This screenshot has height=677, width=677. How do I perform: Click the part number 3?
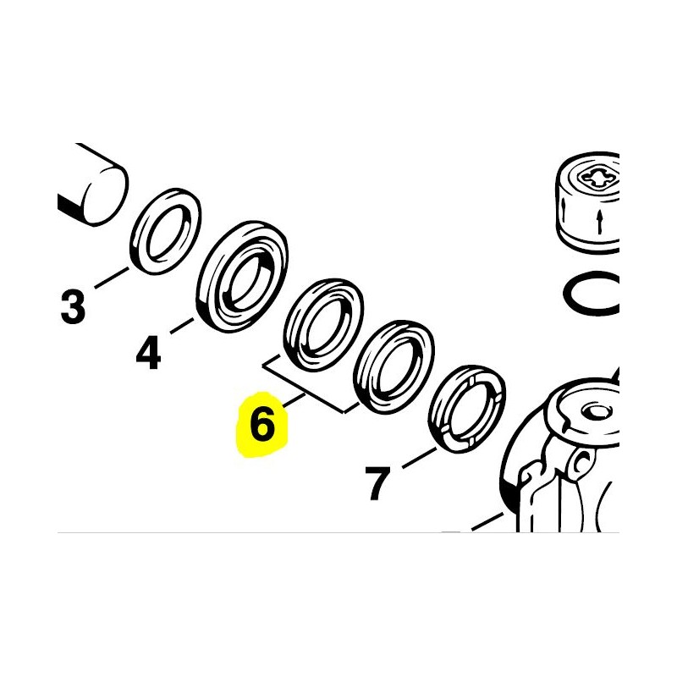point(73,307)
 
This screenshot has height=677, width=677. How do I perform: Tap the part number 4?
point(149,353)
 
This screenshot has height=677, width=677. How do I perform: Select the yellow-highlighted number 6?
point(262,425)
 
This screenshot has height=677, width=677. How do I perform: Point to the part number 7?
point(377,483)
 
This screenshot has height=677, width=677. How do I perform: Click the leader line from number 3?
point(112,278)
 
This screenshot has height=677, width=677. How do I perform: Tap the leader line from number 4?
point(182,326)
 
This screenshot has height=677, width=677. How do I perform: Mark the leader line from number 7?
point(419,458)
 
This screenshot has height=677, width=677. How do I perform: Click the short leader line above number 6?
point(294,399)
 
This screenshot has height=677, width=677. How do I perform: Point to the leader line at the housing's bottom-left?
point(488,521)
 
